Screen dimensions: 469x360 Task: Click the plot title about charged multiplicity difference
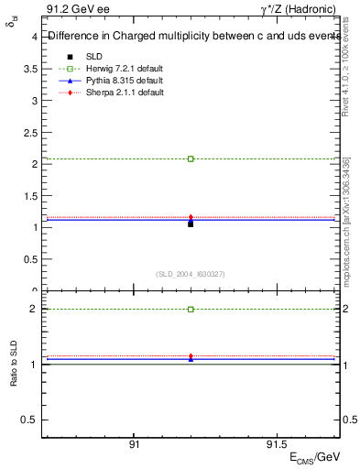192,38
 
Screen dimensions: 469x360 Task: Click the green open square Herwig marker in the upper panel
191,158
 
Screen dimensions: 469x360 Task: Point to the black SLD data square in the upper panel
191,224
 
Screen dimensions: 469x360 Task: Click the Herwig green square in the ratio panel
191,310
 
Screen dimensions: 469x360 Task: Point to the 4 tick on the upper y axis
33,38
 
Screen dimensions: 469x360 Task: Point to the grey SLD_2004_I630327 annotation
191,274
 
